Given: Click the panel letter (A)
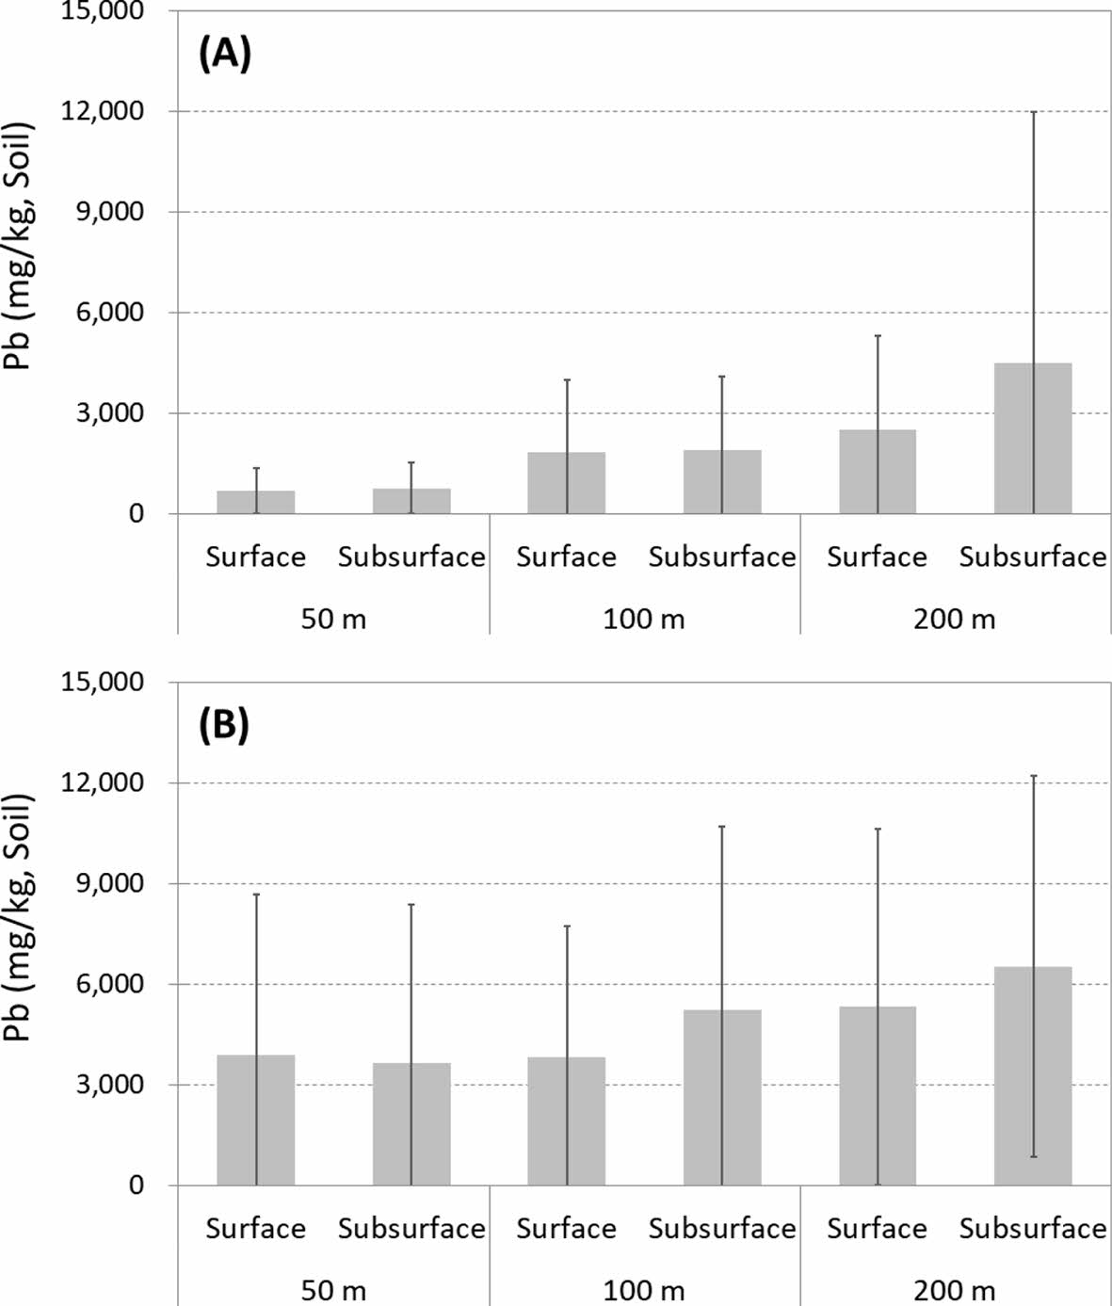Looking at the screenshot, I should [x=225, y=56].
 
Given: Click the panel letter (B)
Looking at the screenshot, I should [x=224, y=726].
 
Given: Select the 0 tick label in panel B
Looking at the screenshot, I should [x=137, y=1185].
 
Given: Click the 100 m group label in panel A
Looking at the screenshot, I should [x=644, y=619].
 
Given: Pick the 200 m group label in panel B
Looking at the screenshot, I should [x=954, y=1290].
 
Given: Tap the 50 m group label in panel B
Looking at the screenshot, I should [x=333, y=1290].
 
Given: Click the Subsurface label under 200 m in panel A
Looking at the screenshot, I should [x=1033, y=557].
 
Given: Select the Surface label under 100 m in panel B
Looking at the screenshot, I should [x=566, y=1229].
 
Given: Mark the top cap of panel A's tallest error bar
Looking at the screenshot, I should [x=1033, y=112].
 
